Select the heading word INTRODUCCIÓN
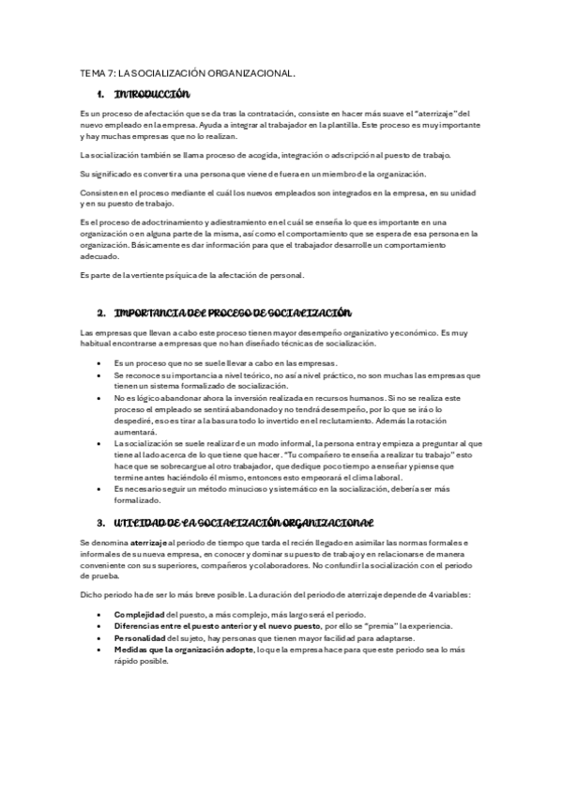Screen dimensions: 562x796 pos(151,95)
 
